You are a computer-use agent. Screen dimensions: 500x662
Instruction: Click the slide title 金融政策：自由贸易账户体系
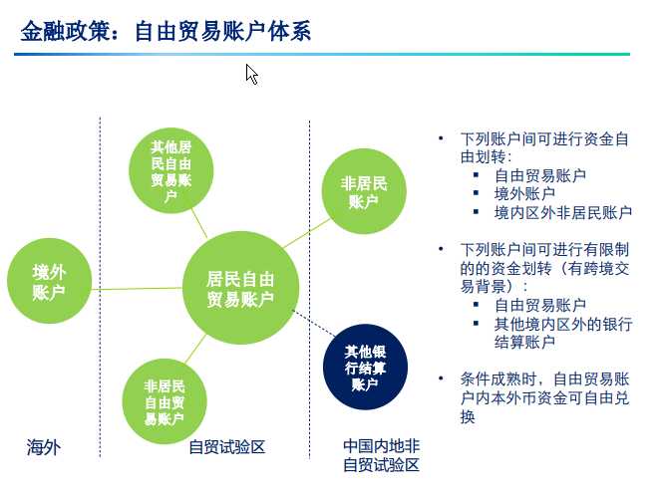(166, 32)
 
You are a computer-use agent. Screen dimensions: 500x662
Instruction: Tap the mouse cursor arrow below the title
(252, 74)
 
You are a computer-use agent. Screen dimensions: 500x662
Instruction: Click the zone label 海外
(44, 448)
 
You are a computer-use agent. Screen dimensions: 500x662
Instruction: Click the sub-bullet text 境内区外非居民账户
(562, 212)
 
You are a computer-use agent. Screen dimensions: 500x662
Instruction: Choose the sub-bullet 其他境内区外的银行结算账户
(562, 334)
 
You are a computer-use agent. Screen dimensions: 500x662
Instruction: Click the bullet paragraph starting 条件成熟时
(544, 397)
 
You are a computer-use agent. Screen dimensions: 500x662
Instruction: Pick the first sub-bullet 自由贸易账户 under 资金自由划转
(539, 175)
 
